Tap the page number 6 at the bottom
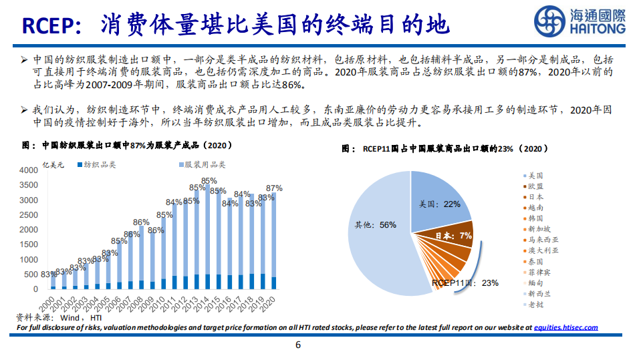click(x=298, y=345)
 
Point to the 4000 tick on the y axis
click(x=28, y=170)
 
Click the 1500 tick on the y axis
click(x=28, y=244)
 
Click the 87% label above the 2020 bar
click(x=274, y=188)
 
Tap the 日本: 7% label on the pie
click(x=455, y=236)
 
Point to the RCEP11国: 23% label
click(x=465, y=283)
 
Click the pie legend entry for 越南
click(x=535, y=208)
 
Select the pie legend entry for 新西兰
click(x=539, y=293)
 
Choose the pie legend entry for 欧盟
click(x=535, y=186)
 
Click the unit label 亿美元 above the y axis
click(x=53, y=164)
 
